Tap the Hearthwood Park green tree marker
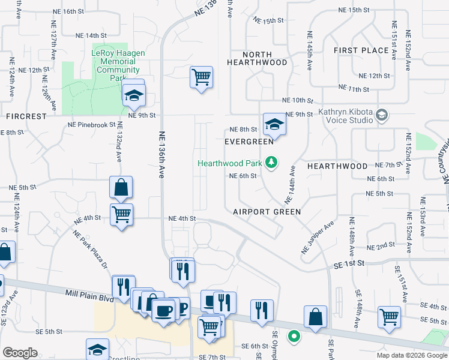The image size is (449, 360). (272, 162)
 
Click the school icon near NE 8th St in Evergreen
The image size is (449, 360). (274, 124)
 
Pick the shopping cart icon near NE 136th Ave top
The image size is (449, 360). (201, 77)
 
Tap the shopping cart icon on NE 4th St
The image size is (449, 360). (122, 214)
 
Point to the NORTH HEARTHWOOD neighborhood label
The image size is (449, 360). (257, 62)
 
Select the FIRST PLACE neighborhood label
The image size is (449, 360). (361, 50)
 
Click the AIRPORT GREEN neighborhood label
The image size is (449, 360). (267, 212)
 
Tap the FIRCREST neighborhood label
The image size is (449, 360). (26, 116)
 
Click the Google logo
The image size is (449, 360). (20, 353)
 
